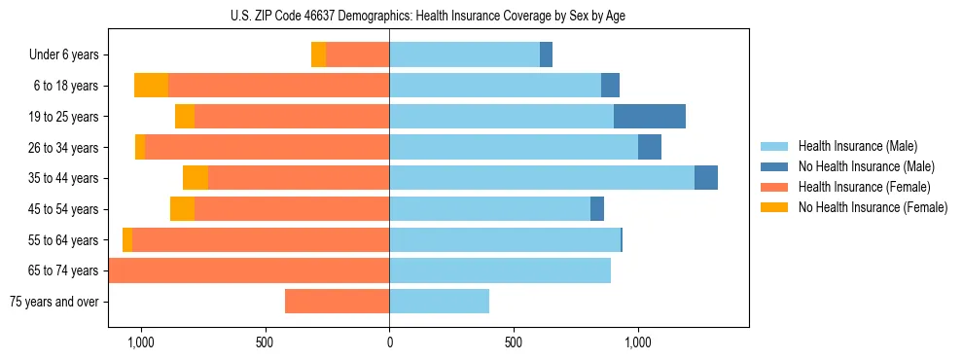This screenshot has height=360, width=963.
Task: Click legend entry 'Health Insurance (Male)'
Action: pos(857,146)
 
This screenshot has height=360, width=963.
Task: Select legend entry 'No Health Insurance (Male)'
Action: pos(866,166)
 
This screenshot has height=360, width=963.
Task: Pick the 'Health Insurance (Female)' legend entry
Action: pos(864,187)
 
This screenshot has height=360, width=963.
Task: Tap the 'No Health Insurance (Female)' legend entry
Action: pos(873,207)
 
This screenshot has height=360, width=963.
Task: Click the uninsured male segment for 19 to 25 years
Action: pos(650,117)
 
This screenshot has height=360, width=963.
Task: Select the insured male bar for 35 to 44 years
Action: pos(542,178)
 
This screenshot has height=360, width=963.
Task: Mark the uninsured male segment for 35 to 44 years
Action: pos(706,178)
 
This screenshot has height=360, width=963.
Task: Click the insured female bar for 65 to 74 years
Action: pos(249,270)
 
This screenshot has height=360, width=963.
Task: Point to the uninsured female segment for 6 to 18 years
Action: pos(151,86)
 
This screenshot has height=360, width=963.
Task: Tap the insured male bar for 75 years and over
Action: pos(439,302)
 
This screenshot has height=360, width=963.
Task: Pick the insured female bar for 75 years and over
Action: pos(337,302)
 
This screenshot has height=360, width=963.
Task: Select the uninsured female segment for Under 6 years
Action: pos(318,54)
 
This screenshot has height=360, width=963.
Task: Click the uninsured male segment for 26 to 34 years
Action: pos(650,147)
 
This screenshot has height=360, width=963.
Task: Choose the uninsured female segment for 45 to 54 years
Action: pos(182,209)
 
